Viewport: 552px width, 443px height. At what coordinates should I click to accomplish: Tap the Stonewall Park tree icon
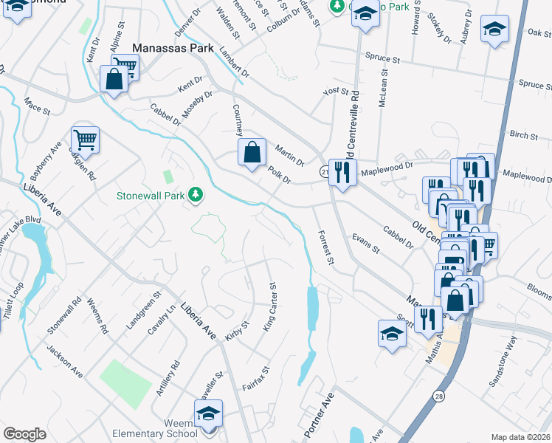click(196, 195)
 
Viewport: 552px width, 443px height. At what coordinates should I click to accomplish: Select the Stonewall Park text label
click(152, 196)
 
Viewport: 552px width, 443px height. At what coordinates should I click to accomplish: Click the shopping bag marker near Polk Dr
click(252, 153)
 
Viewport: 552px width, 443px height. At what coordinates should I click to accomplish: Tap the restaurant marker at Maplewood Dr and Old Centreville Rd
click(342, 173)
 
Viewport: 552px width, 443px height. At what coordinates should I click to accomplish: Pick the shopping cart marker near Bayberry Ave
click(86, 139)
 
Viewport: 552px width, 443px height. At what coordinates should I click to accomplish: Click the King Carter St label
click(269, 306)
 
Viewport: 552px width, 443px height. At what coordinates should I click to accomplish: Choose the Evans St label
click(365, 244)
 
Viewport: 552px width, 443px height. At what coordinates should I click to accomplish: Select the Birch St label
click(523, 134)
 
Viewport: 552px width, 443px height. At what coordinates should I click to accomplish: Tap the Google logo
click(24, 434)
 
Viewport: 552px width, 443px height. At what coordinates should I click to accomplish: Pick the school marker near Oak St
click(494, 30)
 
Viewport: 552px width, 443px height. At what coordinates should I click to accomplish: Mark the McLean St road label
click(382, 94)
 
